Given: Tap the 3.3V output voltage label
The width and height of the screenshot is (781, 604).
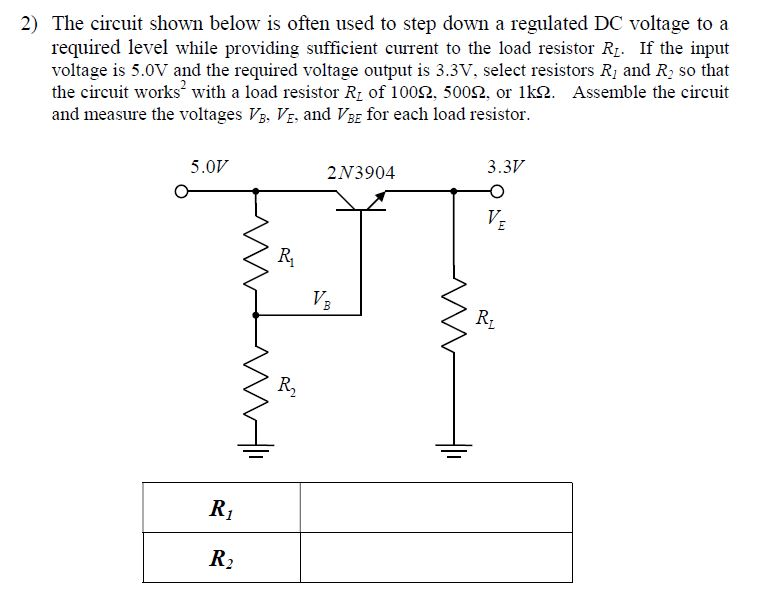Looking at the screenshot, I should point(506,166).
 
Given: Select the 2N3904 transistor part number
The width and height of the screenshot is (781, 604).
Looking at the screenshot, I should point(361,173).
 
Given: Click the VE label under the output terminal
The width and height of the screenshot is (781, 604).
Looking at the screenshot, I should point(495,219).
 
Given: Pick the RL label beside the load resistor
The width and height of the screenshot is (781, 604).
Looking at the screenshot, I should point(483,320).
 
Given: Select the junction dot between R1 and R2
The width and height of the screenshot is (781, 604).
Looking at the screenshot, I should point(259,314).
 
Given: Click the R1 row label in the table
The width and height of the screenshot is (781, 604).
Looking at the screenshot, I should point(220,507).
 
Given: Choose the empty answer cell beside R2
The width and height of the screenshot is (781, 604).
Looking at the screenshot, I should point(436,558).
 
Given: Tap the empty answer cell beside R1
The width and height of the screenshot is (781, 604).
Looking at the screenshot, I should point(436,507).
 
